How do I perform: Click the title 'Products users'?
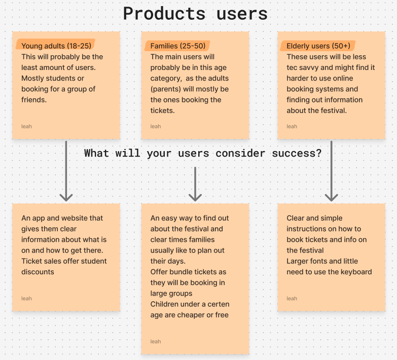(x=195, y=14)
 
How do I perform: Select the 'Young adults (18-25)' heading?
(x=56, y=46)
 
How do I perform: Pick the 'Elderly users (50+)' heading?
(x=318, y=46)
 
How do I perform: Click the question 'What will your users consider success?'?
(x=203, y=153)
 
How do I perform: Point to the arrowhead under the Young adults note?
(x=66, y=196)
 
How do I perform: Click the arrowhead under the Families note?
(x=195, y=196)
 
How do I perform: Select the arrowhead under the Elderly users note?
(x=332, y=196)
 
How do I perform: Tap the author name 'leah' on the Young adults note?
(x=26, y=126)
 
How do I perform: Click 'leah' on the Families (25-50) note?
(x=156, y=126)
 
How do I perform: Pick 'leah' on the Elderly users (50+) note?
(x=292, y=126)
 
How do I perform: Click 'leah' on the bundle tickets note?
(x=156, y=341)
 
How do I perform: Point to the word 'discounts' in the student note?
(x=38, y=272)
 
